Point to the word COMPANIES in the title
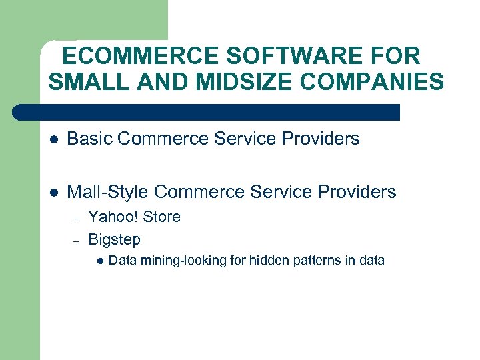380,82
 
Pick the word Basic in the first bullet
89,139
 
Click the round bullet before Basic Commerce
54,139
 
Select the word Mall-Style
108,193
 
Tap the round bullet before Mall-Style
54,193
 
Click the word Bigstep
114,239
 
